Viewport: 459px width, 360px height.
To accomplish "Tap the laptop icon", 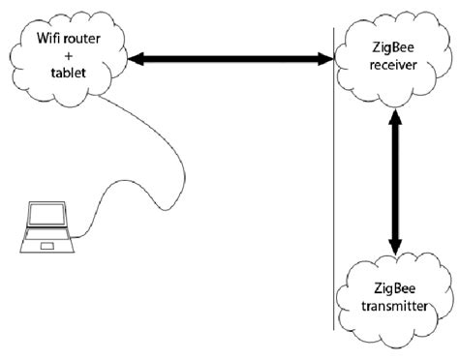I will (x=46, y=228).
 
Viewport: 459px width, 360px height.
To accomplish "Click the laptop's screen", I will (x=46, y=218).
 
